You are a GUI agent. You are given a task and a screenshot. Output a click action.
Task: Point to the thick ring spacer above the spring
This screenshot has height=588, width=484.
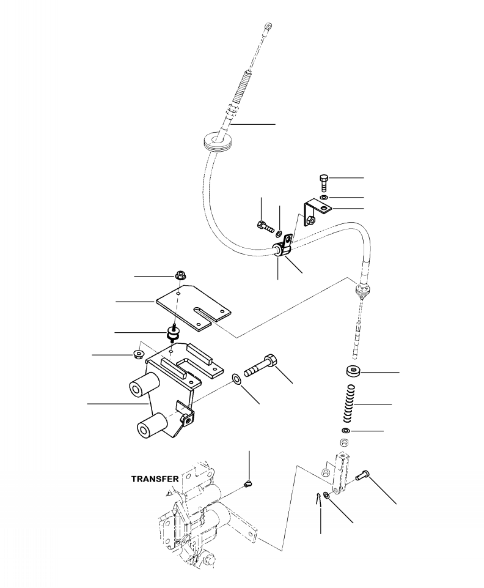point(354,371)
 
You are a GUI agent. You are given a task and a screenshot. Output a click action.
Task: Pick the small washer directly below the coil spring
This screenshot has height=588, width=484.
point(346,432)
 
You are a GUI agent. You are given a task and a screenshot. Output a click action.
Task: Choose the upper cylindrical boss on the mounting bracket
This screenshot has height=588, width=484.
point(144,387)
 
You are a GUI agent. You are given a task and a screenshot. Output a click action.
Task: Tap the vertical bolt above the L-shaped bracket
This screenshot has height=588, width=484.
point(324,182)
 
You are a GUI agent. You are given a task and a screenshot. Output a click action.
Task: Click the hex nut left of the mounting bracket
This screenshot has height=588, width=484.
point(139,354)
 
